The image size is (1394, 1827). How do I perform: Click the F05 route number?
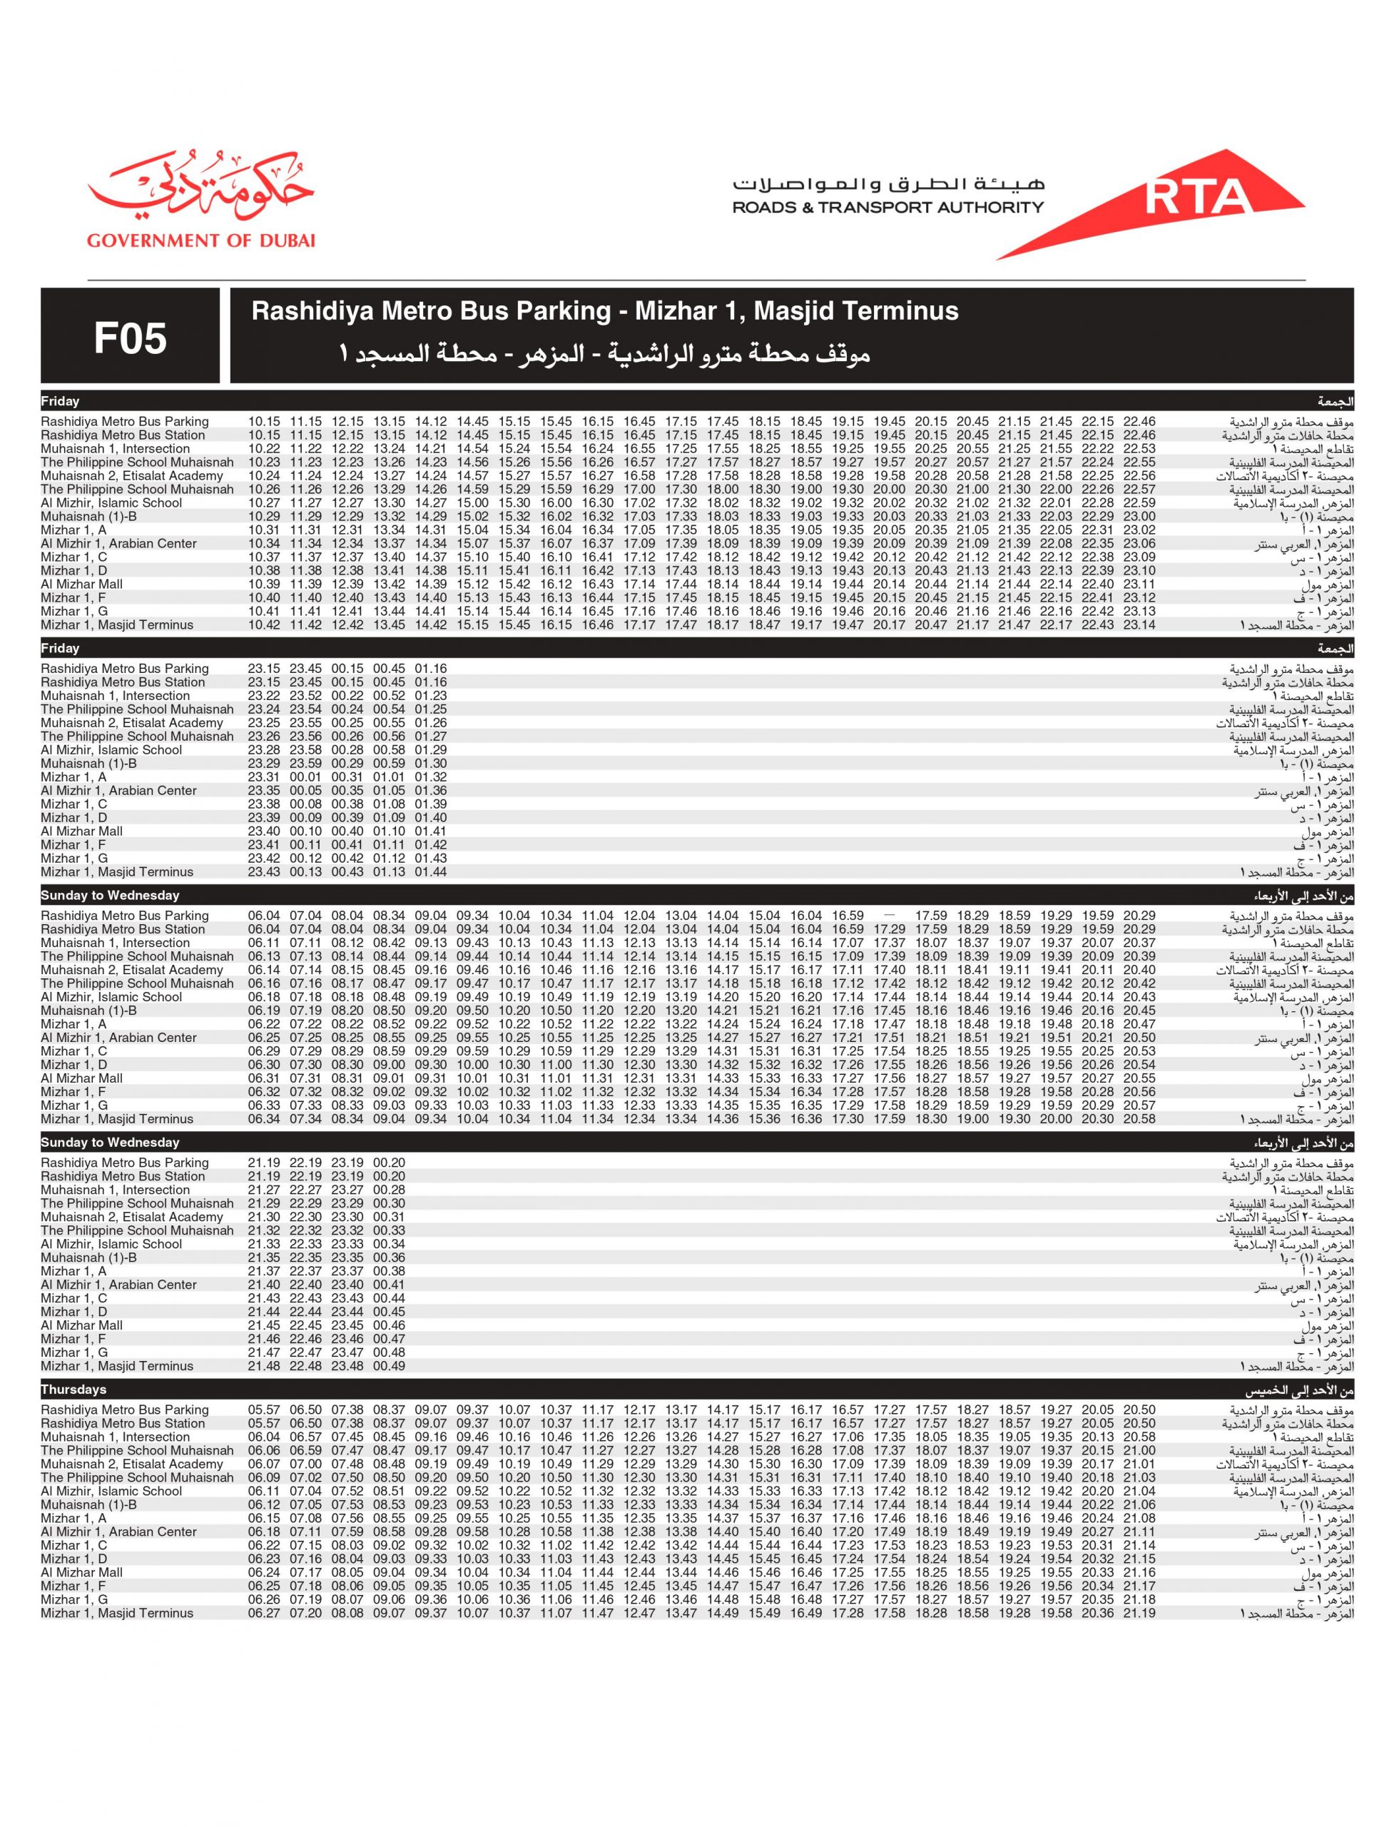pyautogui.click(x=131, y=338)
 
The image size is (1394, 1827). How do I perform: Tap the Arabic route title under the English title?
pyautogui.click(x=604, y=355)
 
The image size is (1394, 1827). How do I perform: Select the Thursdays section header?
pyautogui.click(x=74, y=1390)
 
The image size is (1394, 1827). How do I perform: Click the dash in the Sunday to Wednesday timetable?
pyautogui.click(x=890, y=916)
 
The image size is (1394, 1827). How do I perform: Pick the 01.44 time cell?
pyautogui.click(x=431, y=871)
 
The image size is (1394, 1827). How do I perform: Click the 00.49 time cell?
pyautogui.click(x=389, y=1366)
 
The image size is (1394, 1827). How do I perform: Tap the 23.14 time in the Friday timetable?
pyautogui.click(x=1139, y=625)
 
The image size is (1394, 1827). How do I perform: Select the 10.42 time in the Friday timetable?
pyautogui.click(x=264, y=625)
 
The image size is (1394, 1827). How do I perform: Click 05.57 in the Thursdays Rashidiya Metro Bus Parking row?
pyautogui.click(x=264, y=1410)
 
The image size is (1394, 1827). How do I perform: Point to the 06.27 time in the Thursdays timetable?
pyautogui.click(x=264, y=1614)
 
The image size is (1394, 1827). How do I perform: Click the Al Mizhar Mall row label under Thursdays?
pyautogui.click(x=81, y=1573)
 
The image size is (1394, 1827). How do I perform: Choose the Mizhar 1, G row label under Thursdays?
pyautogui.click(x=74, y=1599)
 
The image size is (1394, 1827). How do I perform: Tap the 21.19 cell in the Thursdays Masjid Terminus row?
pyautogui.click(x=1139, y=1614)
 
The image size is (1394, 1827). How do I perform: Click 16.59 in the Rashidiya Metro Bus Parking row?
pyautogui.click(x=848, y=916)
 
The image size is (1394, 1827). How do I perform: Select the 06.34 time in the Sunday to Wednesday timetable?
pyautogui.click(x=264, y=1119)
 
